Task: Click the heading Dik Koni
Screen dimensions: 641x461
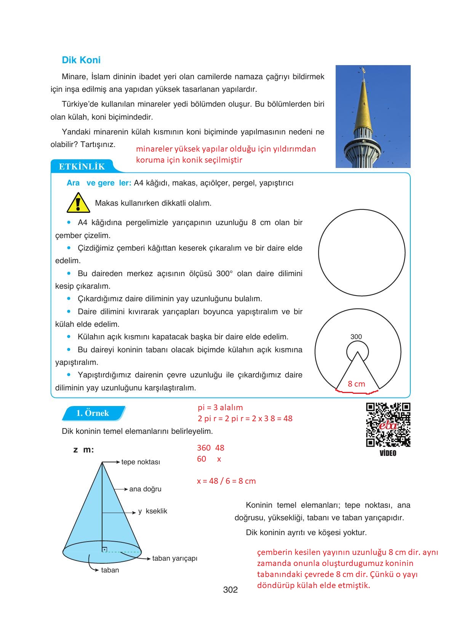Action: (81, 60)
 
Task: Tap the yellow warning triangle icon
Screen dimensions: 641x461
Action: (78, 203)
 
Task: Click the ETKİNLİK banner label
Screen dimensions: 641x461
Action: (82, 166)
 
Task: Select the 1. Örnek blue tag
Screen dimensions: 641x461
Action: (93, 413)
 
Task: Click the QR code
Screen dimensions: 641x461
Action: (388, 425)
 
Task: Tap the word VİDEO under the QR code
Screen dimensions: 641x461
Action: (388, 453)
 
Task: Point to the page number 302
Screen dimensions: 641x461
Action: (230, 590)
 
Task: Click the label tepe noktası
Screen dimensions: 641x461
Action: (141, 462)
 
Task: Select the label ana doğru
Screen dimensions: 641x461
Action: (145, 489)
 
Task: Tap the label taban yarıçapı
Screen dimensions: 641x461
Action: (174, 558)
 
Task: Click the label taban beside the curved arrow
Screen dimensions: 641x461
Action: (110, 570)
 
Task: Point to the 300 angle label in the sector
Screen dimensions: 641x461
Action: (356, 337)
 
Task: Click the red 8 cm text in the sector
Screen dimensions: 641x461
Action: (356, 384)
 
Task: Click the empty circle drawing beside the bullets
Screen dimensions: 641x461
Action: (362, 253)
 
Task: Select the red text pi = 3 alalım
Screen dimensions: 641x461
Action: (220, 408)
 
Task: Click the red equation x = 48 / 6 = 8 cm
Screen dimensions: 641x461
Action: (226, 481)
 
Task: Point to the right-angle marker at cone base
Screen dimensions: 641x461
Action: (104, 549)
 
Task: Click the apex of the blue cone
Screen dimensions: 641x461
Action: (102, 462)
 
